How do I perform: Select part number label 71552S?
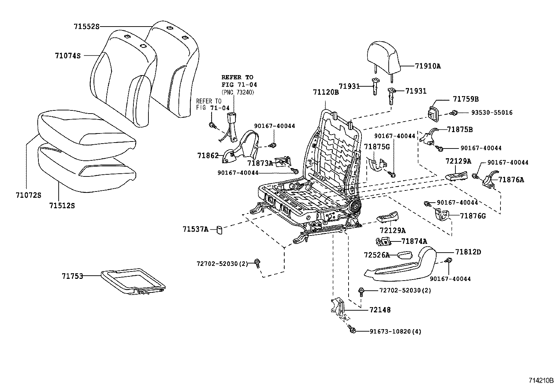click(87, 26)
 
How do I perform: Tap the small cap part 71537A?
click(220, 230)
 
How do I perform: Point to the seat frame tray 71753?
click(133, 281)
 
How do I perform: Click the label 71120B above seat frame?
click(325, 92)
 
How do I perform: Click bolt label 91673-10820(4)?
click(395, 331)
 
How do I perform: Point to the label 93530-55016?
click(492, 113)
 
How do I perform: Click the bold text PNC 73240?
click(237, 92)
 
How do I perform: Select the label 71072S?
click(28, 195)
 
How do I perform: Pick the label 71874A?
click(414, 241)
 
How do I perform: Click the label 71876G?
click(473, 216)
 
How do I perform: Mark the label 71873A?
click(260, 163)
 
